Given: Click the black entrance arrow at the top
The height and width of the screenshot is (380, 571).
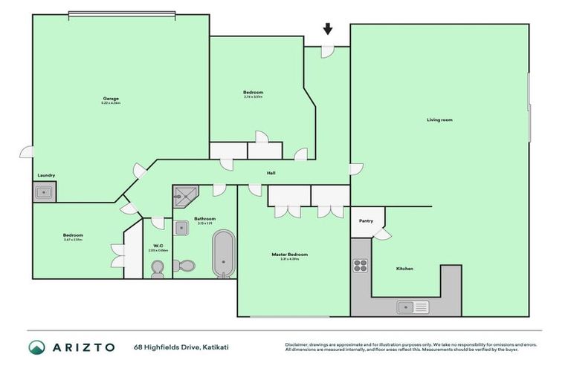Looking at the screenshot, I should (327, 29).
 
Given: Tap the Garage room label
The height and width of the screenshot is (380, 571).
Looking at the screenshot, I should (111, 99).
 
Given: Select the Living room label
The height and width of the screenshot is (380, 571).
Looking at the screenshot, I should (439, 119).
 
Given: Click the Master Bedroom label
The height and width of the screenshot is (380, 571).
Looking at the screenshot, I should (289, 255).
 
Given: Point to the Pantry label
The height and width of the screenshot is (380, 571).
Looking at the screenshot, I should (366, 220).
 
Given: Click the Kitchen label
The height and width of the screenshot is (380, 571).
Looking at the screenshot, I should (404, 269).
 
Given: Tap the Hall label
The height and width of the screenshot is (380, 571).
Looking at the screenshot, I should (271, 173).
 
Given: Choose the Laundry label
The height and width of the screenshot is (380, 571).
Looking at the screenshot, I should (45, 175).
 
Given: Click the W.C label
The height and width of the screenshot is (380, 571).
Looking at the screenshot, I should (158, 246).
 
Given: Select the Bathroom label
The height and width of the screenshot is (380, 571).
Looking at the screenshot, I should (205, 219).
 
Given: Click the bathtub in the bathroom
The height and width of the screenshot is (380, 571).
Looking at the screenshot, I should (222, 253).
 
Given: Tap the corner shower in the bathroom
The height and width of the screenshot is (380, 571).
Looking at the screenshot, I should (184, 197).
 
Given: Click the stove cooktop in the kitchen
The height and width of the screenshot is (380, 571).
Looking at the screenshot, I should (361, 266).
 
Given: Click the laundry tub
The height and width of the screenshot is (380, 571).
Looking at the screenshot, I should (44, 192).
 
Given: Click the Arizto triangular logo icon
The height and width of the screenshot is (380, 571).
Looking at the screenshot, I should (36, 347).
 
